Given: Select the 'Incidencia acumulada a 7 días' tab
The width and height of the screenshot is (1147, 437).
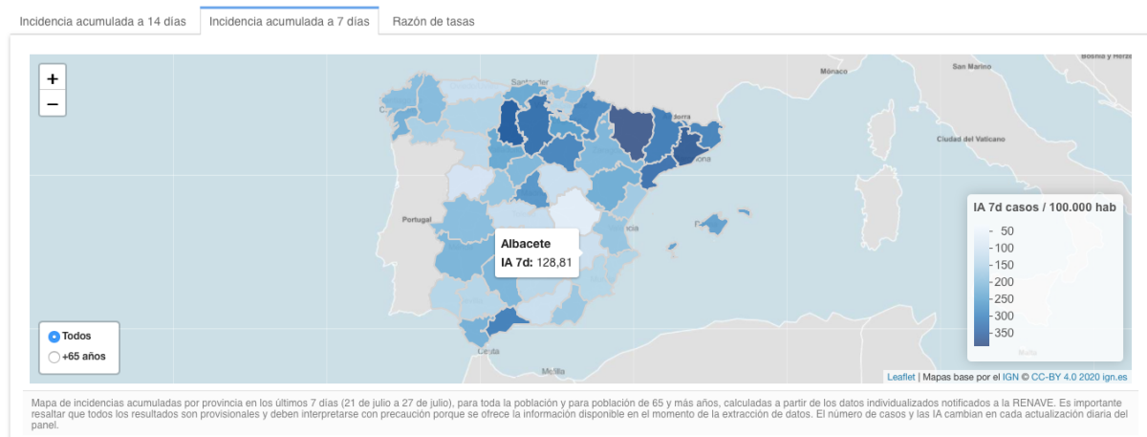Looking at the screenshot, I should pyautogui.click(x=289, y=20).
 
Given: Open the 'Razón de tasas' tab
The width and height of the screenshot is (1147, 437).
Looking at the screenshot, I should pyautogui.click(x=433, y=20).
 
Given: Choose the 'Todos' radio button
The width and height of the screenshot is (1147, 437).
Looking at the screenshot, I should pyautogui.click(x=54, y=337).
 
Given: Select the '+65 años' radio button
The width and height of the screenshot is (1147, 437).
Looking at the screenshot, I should pyautogui.click(x=54, y=357).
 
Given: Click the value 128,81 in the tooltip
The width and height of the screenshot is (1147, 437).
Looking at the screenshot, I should pyautogui.click(x=555, y=262).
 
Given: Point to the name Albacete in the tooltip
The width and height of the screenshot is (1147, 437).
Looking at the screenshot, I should pyautogui.click(x=526, y=244).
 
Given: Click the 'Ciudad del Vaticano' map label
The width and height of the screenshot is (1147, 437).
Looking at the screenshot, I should pyautogui.click(x=971, y=139).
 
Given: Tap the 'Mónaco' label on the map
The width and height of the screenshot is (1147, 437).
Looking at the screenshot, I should pyautogui.click(x=834, y=72).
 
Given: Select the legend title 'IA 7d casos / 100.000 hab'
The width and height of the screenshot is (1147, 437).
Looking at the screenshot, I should pyautogui.click(x=1044, y=207).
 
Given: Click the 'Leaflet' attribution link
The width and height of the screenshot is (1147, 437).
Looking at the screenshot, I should pyautogui.click(x=901, y=377).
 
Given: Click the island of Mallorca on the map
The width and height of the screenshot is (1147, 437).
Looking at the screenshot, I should pyautogui.click(x=713, y=225).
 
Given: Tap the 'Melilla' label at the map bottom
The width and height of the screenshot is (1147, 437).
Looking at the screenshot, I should pyautogui.click(x=552, y=371).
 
